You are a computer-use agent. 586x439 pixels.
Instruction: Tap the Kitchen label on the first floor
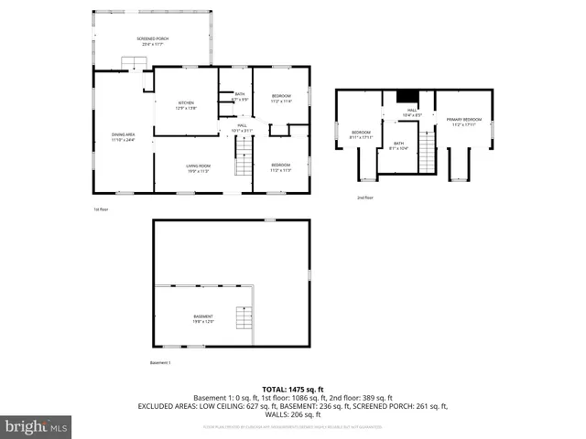click(x=186, y=104)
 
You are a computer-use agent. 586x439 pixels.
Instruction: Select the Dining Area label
click(x=123, y=137)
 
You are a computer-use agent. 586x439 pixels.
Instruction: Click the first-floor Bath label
click(x=239, y=96)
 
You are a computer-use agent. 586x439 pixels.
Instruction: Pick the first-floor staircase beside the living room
click(x=243, y=166)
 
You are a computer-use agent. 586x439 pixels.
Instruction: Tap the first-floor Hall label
click(x=242, y=127)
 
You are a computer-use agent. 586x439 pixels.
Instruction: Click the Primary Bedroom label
click(x=464, y=122)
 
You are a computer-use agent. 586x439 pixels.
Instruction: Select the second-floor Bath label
click(x=398, y=145)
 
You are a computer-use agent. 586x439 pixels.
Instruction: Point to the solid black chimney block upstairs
click(x=407, y=97)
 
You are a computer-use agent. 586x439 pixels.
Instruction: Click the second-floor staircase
click(x=427, y=152)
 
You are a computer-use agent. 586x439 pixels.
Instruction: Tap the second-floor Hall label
click(x=412, y=112)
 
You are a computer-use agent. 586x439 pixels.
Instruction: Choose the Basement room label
click(x=202, y=318)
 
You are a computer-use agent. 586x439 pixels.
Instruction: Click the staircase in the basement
click(x=244, y=319)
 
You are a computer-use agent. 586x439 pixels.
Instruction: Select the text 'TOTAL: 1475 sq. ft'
click(x=292, y=389)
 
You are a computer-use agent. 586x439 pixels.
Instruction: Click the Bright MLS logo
click(x=36, y=426)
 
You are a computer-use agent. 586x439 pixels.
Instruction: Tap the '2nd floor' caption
click(x=364, y=197)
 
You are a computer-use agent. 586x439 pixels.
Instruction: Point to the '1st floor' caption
click(x=101, y=209)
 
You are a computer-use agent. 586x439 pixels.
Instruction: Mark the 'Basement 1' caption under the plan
click(x=160, y=363)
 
